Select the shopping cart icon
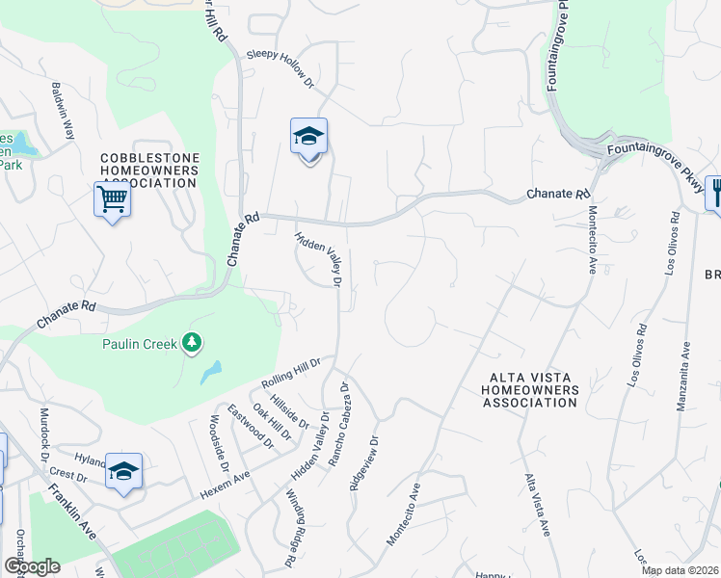pos(113,200)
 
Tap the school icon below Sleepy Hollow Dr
pos(308,137)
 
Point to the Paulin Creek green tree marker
pos(192,342)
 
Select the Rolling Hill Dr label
pos(289,373)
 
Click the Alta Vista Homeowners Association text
pos(531,390)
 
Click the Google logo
pos(32,566)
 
